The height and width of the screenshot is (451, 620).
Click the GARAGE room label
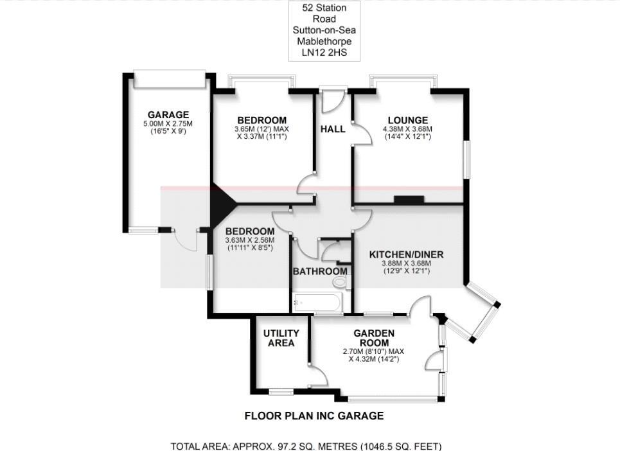[x=168, y=115]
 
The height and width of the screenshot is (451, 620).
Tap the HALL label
[x=333, y=129]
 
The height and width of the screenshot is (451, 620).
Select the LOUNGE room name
[x=407, y=120]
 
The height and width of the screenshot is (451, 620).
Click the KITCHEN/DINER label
[x=406, y=254]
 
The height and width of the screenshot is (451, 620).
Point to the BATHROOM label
[x=320, y=272]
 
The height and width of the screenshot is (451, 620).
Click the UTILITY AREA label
[x=281, y=338]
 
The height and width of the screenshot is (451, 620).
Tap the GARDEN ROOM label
[x=373, y=338]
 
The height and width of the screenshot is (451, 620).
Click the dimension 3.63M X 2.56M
[x=249, y=240]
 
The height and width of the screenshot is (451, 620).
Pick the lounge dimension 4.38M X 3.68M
[x=407, y=128]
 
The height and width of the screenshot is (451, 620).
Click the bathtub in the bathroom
[x=317, y=302]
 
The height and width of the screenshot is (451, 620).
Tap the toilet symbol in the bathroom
[x=340, y=281]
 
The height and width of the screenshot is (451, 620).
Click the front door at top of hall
[x=333, y=99]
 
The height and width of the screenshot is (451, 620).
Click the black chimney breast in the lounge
[x=409, y=200]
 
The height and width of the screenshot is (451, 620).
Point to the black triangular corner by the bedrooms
[x=220, y=204]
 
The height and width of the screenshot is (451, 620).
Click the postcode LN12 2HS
[x=324, y=53]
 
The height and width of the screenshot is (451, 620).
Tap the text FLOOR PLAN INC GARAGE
[x=314, y=416]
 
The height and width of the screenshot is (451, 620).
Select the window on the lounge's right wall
[x=468, y=157]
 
